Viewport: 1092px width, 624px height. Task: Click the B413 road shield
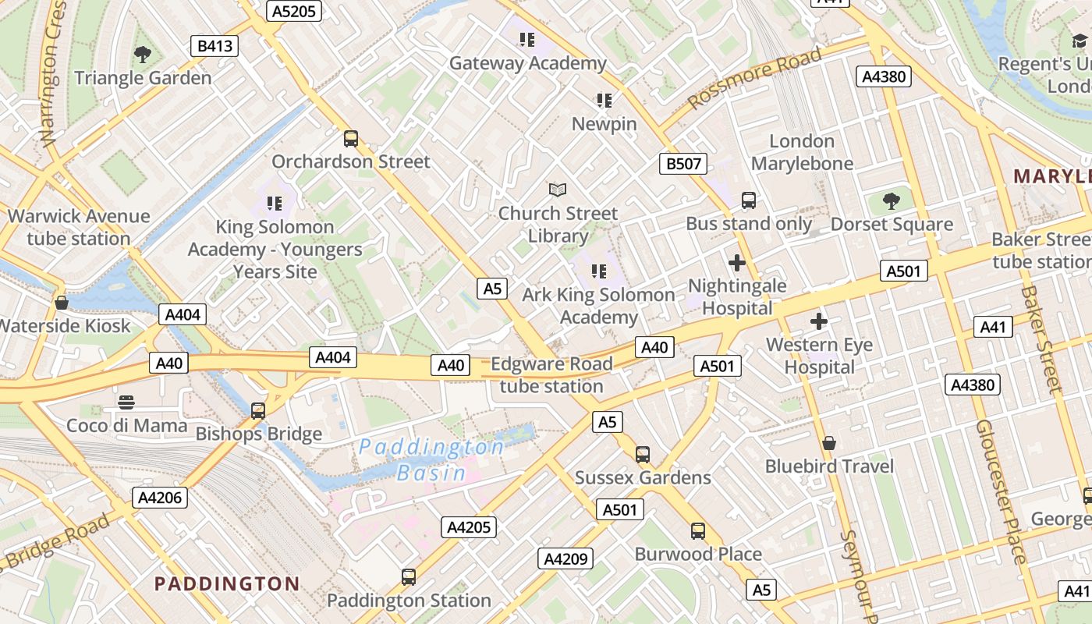coord(214,46)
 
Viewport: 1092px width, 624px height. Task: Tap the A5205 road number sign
coord(293,10)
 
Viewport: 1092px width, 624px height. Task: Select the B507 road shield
coord(683,164)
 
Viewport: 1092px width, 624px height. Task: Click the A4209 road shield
coord(565,558)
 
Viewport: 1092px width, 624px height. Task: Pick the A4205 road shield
coord(470,527)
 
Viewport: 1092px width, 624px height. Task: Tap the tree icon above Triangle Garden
coord(142,55)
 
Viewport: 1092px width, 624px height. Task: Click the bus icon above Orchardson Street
coord(351,139)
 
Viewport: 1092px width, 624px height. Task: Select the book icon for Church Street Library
coord(558,190)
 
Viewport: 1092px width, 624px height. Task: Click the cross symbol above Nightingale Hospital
coord(736,263)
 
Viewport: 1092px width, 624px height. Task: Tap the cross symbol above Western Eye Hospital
coord(819,321)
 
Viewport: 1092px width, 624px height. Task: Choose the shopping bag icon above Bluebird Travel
coord(829,443)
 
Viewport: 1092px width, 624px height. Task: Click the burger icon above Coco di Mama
coord(126,402)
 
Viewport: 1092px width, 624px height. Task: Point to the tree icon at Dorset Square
coord(892,201)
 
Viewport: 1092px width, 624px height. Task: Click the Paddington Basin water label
coord(431,459)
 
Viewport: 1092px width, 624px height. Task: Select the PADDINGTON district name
coord(226,583)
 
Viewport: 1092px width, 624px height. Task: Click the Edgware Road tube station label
coord(551,375)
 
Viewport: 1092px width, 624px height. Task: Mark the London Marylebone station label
coord(802,152)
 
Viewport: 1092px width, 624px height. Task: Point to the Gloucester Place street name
coord(999,491)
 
